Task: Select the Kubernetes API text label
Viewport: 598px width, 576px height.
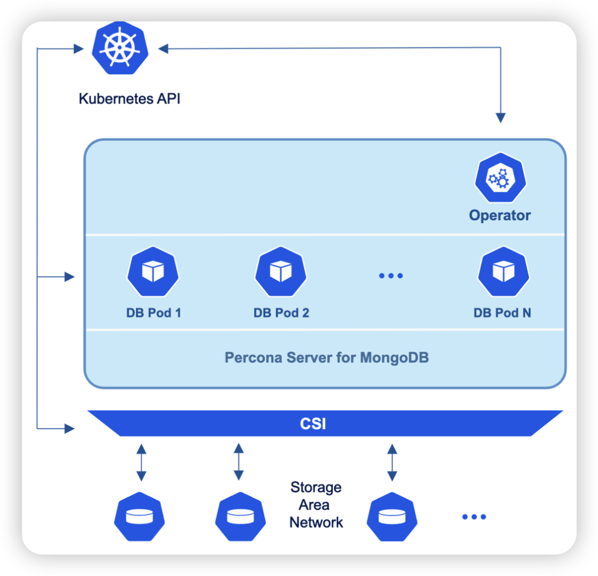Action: (129, 99)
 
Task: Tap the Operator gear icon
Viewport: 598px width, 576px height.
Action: (500, 178)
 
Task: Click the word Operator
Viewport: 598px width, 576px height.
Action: (500, 215)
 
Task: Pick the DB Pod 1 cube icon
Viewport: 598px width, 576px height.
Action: (153, 271)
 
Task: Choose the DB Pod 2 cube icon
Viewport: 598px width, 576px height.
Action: (281, 271)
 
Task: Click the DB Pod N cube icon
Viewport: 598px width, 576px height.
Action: (503, 271)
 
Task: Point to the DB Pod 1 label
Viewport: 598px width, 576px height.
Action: (153, 312)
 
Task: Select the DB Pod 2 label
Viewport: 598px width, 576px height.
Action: (281, 312)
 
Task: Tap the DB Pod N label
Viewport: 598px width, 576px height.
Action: (502, 312)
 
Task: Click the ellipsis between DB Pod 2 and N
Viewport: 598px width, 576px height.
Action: (390, 275)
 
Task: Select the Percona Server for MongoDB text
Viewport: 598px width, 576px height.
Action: (326, 358)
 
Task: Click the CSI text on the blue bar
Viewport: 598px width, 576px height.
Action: (313, 425)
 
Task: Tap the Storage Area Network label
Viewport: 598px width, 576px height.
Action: (316, 505)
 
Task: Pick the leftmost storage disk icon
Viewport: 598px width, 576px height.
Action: (140, 516)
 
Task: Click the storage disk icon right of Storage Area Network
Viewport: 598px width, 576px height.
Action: (392, 516)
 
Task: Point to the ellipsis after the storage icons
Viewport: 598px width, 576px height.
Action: (473, 517)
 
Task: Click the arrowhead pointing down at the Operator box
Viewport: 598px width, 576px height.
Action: (501, 117)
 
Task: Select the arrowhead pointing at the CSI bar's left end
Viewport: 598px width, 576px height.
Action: (69, 428)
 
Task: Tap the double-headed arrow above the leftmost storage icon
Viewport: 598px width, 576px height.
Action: (141, 461)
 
